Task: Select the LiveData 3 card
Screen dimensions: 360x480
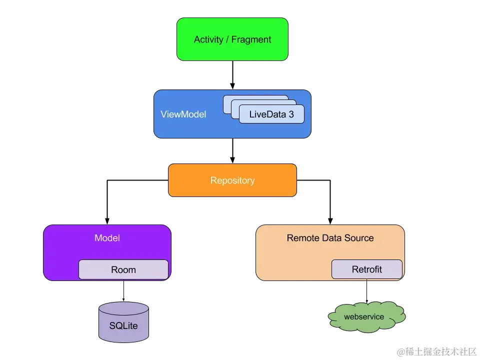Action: point(271,114)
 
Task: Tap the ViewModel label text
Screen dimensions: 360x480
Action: point(183,114)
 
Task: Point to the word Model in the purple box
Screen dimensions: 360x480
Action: point(107,238)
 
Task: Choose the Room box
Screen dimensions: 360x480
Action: point(123,269)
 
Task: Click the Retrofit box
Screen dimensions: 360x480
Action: point(366,269)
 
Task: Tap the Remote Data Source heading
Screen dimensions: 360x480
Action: point(330,238)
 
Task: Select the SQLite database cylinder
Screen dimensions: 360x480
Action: point(123,322)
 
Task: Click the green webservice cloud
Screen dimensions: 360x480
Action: point(366,317)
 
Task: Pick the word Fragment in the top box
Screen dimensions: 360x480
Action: point(251,39)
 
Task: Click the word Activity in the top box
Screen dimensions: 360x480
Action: point(208,39)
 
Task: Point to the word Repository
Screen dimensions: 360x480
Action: point(232,180)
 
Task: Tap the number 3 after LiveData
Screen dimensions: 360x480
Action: point(290,114)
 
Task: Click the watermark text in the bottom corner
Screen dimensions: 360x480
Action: point(436,351)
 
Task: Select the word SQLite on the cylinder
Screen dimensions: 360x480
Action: point(123,326)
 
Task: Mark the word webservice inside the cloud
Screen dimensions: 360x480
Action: point(364,316)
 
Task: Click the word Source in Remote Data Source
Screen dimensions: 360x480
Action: point(358,238)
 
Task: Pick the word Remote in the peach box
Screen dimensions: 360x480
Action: point(303,238)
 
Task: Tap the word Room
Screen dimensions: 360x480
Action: point(123,270)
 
